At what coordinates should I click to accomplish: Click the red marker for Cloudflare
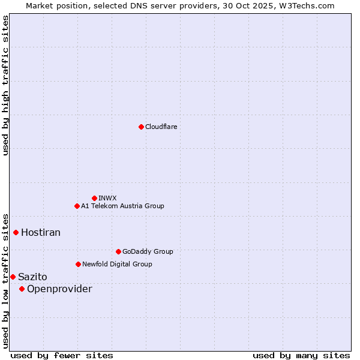coord(141,127)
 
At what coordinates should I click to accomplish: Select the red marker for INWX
coord(94,198)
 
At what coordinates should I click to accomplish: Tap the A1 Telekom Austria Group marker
coord(77,206)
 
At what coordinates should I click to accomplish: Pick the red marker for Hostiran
coord(16,232)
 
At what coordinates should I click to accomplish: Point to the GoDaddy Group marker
coord(118,251)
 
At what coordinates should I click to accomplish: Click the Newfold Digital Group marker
coord(78,264)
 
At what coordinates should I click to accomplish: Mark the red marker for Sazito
coord(13,277)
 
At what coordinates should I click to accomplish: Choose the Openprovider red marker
coord(22,289)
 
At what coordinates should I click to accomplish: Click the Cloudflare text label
coord(161,127)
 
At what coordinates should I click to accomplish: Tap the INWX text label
coord(107,198)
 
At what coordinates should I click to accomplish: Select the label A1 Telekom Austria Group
coord(122,206)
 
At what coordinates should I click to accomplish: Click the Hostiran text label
coord(41,232)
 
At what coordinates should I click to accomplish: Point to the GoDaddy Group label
coord(148,251)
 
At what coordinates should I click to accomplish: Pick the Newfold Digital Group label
coord(117,264)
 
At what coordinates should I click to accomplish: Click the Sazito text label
coord(32,277)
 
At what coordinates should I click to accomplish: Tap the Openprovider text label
coord(59,289)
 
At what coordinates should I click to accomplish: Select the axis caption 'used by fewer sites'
coord(62,355)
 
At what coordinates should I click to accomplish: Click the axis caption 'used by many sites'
coord(301,355)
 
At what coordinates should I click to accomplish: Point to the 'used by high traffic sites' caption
coord(5,85)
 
